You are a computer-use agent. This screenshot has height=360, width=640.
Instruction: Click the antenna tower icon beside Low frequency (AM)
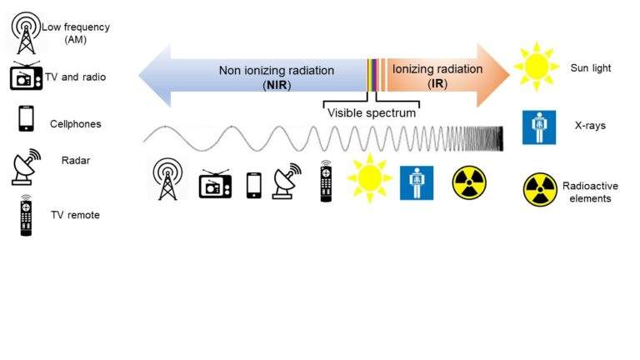coord(26,32)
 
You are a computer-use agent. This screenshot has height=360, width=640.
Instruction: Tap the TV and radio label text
coord(76,77)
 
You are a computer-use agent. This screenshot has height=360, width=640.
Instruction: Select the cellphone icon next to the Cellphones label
coord(26,118)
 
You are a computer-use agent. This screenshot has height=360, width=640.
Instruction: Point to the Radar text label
coord(76,160)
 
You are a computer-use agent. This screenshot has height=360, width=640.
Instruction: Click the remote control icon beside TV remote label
coord(26,215)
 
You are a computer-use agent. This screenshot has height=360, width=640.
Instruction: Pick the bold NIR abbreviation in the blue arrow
coord(277,85)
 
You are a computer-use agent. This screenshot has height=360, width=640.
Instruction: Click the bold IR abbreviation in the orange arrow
coord(437,83)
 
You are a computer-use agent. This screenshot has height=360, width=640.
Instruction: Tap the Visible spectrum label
coord(372,113)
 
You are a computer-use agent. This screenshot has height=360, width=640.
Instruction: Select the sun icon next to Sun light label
coord(537,66)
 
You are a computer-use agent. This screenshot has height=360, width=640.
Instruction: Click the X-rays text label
coord(590,126)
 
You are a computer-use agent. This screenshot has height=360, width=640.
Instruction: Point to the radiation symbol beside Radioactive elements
coord(540,190)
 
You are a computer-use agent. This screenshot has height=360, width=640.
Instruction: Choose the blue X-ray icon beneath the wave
coord(417,182)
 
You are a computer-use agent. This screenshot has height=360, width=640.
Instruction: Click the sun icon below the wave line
coord(369,178)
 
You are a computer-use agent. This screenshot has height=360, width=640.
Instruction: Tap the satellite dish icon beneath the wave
coord(287,181)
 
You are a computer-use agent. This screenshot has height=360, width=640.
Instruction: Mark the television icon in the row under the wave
coord(215,184)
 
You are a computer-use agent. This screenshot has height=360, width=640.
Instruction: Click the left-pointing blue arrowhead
coord(155,76)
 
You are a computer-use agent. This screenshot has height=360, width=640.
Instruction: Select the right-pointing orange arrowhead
coord(493,75)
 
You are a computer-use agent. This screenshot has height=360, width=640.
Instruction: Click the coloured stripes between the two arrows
coord(377,75)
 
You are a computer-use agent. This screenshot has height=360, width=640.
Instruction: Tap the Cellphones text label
coord(76,124)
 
